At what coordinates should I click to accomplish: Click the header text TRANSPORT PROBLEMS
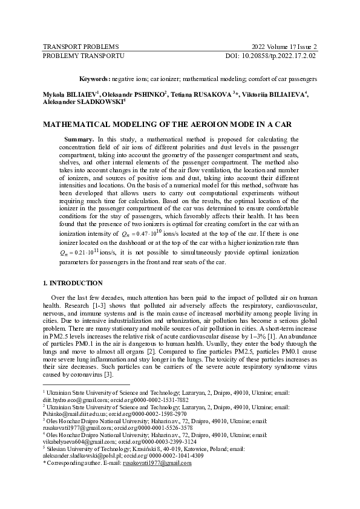point(80,47)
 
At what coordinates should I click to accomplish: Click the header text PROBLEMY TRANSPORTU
point(83,56)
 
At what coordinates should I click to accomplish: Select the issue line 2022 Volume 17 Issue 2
point(284,47)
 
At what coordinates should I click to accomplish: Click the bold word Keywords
point(94,79)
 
